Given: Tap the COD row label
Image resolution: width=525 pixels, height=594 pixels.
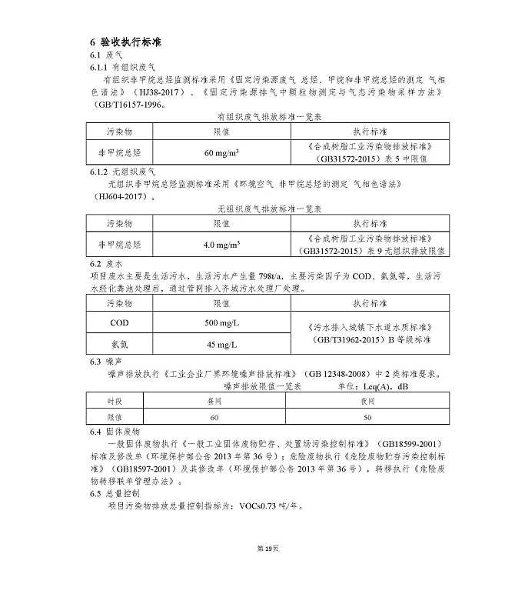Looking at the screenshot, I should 119,323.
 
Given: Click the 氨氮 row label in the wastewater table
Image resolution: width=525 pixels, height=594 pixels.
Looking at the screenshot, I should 119,343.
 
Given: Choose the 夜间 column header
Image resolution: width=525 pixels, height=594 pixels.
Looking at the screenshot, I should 367,401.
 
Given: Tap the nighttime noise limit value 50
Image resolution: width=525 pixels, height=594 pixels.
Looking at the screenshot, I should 367,417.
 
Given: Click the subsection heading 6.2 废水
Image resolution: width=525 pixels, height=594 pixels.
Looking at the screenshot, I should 107,264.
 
